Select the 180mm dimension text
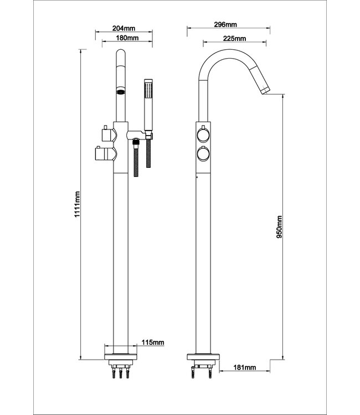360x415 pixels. coord(127,37)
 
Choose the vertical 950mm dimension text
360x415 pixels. coord(279,227)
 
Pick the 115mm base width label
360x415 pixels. coord(152,343)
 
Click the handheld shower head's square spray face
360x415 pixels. coord(148,88)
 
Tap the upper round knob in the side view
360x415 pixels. coord(203,134)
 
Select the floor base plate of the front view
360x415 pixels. coord(120,352)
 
